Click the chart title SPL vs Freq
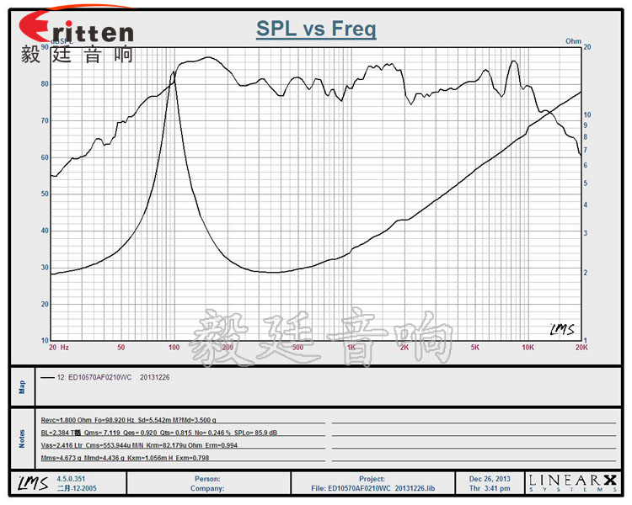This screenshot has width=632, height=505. [316, 30]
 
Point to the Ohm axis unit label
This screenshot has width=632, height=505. [573, 40]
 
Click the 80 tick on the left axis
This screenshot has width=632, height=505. [43, 84]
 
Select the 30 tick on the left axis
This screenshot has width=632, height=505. [43, 268]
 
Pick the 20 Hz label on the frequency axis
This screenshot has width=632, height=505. [59, 347]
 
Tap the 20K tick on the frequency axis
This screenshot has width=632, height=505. [581, 347]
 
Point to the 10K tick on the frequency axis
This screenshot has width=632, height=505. [528, 347]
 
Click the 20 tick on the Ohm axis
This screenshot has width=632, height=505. [587, 48]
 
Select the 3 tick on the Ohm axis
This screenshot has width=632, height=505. [587, 233]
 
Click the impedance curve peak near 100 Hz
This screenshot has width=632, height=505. [174, 72]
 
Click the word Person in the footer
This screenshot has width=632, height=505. [207, 478]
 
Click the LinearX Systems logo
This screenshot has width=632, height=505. [572, 482]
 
